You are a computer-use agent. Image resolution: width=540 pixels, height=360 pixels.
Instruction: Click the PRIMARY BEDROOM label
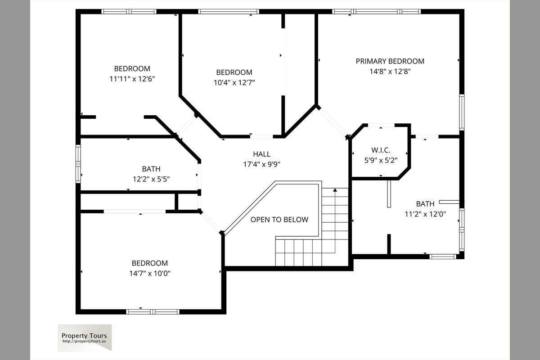[x=390, y=61]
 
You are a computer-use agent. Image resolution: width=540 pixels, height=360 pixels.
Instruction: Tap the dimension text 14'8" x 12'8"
[x=390, y=72]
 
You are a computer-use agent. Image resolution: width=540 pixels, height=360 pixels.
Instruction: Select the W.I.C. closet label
[x=381, y=150]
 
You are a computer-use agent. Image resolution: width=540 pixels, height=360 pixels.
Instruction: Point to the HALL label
[x=261, y=154]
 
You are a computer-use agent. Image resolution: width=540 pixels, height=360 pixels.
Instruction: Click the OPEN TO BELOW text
[x=279, y=220]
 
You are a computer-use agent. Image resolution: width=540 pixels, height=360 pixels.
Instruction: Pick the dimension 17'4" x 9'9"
[x=261, y=164]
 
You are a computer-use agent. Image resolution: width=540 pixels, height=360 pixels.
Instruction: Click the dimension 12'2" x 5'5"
[x=151, y=179]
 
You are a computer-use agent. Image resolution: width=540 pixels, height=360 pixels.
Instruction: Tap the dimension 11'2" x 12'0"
[x=425, y=214]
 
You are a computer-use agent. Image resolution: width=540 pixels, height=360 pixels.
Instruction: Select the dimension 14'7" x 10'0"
[x=150, y=273]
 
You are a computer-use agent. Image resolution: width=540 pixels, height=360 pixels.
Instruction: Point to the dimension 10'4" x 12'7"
[x=234, y=82]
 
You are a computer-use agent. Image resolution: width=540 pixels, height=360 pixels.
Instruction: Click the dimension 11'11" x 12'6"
[x=132, y=79]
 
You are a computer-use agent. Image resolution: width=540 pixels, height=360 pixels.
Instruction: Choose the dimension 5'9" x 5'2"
[x=381, y=160]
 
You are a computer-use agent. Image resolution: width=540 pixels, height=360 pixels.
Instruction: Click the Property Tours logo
[x=85, y=337]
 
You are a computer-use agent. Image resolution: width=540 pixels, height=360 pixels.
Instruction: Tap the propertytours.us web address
[x=84, y=341]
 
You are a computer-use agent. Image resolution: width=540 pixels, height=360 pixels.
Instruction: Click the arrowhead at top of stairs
[x=335, y=190]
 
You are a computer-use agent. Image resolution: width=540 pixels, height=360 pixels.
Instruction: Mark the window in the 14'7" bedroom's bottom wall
[x=153, y=312]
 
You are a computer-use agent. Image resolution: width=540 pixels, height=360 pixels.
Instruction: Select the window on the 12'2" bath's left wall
[x=78, y=163]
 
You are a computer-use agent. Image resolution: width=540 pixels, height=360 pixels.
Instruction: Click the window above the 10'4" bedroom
[x=229, y=12]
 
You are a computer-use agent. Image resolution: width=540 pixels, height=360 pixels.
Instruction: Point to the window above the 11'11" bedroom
[x=129, y=12]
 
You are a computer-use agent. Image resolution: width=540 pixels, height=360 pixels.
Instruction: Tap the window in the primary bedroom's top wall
[x=376, y=12]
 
